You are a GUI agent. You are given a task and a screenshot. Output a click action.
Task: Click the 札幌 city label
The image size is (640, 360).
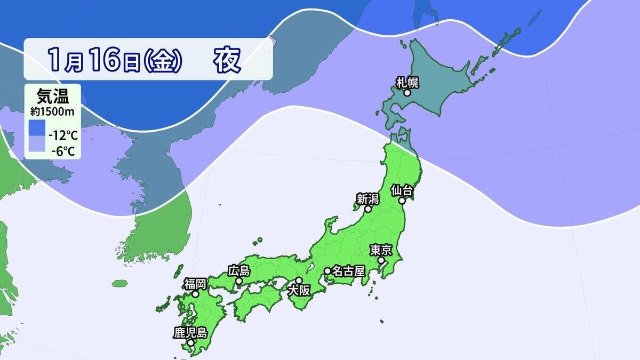pyautogui.click(x=407, y=82)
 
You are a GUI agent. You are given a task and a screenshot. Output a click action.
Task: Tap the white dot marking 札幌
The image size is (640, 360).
pyautogui.click(x=407, y=93)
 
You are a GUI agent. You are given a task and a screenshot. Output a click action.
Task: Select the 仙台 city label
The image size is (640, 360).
pyautogui.click(x=401, y=190)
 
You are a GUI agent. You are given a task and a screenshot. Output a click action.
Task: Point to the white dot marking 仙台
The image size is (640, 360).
pyautogui.click(x=402, y=201)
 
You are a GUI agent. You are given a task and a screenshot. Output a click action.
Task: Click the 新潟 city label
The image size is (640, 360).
pyautogui.click(x=367, y=199)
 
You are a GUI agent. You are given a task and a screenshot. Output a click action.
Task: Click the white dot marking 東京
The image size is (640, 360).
pyautogui.click(x=382, y=260)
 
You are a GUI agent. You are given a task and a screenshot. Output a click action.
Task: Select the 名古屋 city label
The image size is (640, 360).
pyautogui.click(x=348, y=271)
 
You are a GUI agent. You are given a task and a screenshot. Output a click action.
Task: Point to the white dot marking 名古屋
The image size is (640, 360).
pyautogui.click(x=327, y=271)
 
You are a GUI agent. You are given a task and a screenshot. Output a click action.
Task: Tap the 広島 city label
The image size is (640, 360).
pyautogui.click(x=239, y=270)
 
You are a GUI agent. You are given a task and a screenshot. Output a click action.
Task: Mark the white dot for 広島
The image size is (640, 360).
pyautogui.click(x=239, y=281)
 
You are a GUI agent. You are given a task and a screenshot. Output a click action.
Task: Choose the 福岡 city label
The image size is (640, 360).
pyautogui.click(x=196, y=283)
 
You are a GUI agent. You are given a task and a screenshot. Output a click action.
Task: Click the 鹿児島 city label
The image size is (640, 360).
pyautogui.click(x=190, y=332)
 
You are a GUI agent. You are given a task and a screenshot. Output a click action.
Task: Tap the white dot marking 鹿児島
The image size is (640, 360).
pyautogui.click(x=190, y=342)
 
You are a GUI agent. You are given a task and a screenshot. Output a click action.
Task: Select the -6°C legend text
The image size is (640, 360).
pyautogui.click(x=63, y=151)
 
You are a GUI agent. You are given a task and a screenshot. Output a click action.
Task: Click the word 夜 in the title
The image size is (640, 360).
pyautogui.click(x=228, y=60)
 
